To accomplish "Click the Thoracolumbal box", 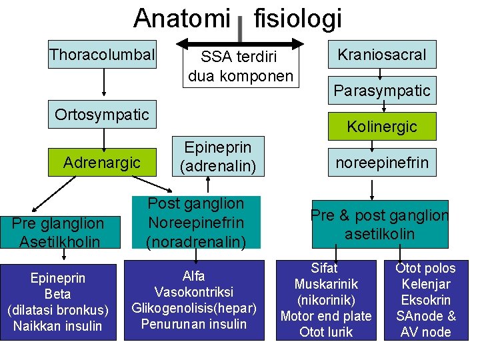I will [102, 55].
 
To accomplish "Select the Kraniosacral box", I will [382, 55].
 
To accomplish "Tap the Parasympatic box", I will [382, 91].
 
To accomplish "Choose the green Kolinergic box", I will [382, 126].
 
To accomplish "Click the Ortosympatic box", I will [102, 115].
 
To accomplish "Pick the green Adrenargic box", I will [102, 162].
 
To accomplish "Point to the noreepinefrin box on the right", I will [382, 162].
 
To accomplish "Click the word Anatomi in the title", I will [181, 19].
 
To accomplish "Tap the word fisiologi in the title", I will [298, 19].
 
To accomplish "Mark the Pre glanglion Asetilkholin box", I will [58, 232].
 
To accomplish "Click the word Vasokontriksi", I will [193, 292].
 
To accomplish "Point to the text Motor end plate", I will [326, 316].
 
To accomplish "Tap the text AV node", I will [426, 332].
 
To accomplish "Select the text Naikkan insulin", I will [58, 326].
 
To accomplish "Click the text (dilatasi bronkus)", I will [58, 310].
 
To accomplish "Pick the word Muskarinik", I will [326, 284].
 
